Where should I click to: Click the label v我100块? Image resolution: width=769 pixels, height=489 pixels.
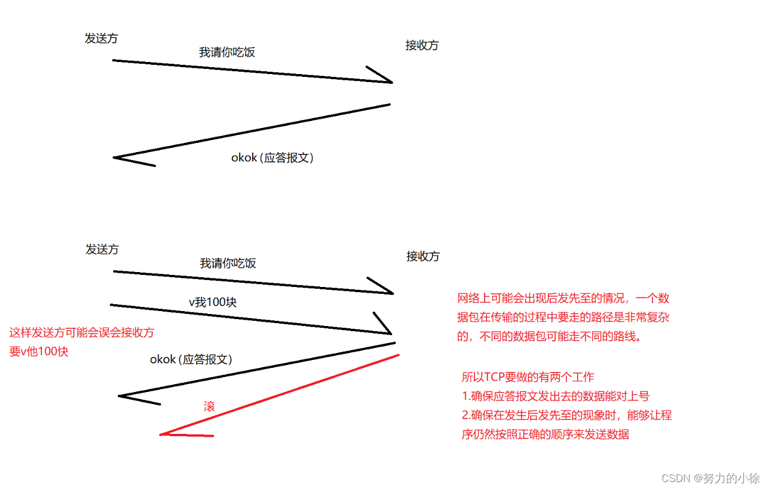point(212,302)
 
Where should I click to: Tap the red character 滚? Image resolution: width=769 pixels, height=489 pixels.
point(209,406)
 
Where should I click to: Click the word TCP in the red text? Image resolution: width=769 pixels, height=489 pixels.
point(494,377)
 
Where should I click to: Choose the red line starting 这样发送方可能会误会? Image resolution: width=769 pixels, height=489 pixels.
point(82,332)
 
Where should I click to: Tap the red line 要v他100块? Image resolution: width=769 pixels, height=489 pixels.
point(39,351)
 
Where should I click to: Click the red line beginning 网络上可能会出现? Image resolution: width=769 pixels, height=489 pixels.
point(563,298)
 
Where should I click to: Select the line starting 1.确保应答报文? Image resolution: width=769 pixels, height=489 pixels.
point(555,396)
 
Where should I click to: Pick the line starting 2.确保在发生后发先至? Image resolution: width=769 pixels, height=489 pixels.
point(566,415)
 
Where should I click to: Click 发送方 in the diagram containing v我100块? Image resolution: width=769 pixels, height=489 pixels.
point(102,250)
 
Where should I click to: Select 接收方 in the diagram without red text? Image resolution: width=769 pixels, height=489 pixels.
point(422,45)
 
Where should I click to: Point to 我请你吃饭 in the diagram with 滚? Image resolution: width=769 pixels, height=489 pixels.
point(228,263)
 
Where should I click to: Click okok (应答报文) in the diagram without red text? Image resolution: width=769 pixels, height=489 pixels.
point(272,158)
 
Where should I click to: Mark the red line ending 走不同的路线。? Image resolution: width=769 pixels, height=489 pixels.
point(548,336)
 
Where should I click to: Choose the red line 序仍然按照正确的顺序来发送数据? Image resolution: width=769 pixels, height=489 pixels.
point(545,434)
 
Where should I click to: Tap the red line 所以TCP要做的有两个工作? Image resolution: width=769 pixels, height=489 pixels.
point(528,377)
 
